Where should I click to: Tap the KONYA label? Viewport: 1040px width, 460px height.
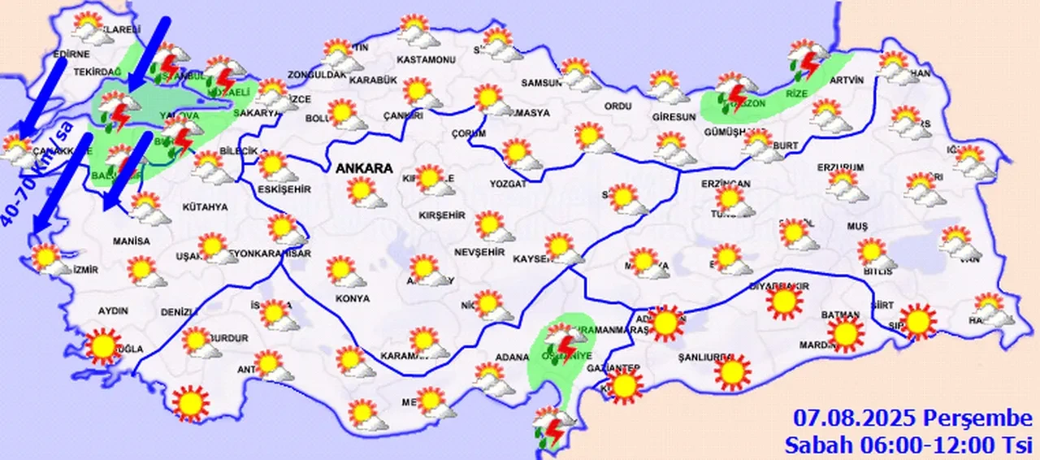tap(352, 299)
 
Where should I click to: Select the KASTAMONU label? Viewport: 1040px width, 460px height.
tap(426, 60)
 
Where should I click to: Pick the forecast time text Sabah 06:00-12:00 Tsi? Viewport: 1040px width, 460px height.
tap(908, 444)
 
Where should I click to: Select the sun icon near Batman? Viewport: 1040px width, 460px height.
tap(845, 333)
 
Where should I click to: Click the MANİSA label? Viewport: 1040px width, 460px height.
tap(132, 241)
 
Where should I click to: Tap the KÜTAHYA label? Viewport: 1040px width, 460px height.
tap(205, 207)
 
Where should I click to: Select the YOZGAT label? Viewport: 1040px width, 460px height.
tap(509, 184)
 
